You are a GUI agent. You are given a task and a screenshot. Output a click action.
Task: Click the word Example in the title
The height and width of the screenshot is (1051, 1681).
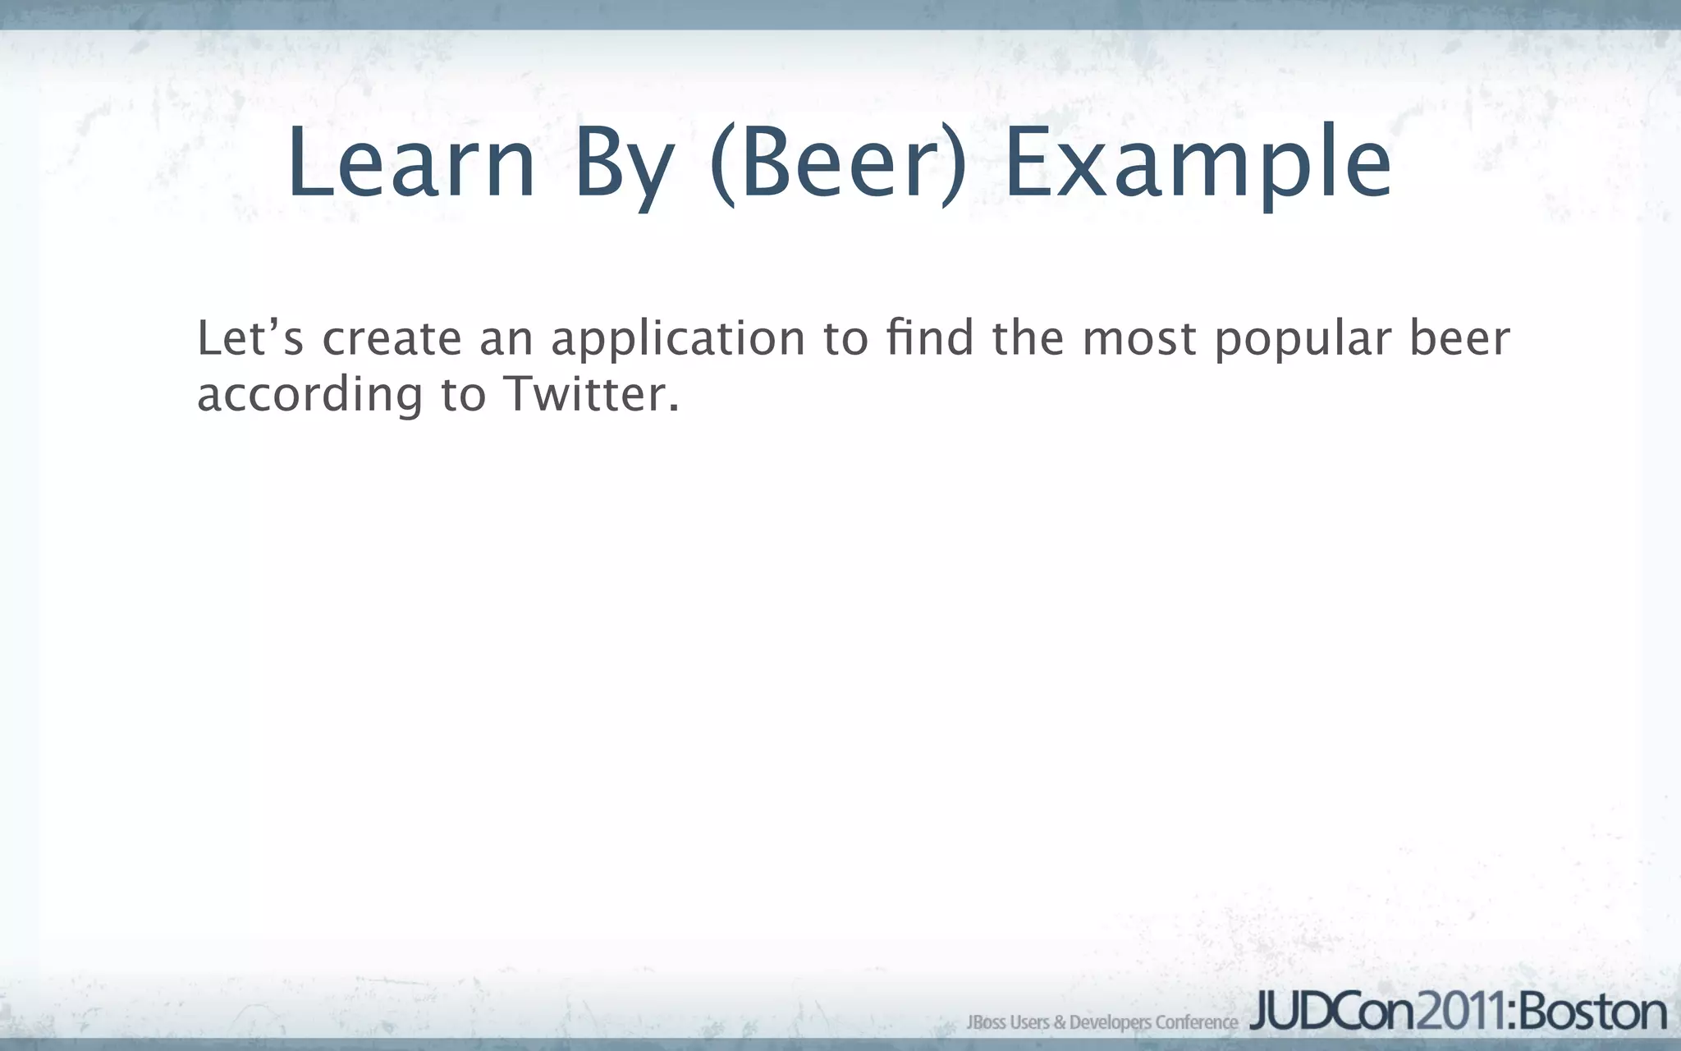(1198, 164)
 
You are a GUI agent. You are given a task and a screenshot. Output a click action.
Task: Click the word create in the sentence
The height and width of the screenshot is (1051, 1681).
(392, 339)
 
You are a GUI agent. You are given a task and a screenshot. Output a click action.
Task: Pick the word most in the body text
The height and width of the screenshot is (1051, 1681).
(1139, 339)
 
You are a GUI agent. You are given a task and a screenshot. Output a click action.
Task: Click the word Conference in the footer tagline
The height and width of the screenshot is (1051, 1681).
(1197, 1022)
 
